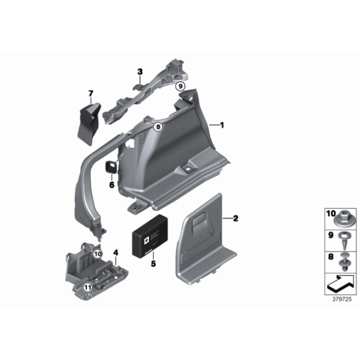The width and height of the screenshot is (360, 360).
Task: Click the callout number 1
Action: pos(222,125)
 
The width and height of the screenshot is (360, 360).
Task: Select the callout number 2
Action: pos(235,218)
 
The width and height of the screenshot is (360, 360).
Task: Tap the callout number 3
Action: pos(140,72)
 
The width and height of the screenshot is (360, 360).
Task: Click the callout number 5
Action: pos(153,263)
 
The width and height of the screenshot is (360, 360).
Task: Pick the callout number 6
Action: pos(112,184)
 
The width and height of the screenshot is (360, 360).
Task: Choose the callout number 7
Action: pos(91,94)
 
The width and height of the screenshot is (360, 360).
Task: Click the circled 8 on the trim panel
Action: pos(158,127)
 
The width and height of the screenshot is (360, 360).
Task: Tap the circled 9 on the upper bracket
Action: pos(180,86)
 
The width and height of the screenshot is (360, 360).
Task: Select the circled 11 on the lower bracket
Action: pos(88,287)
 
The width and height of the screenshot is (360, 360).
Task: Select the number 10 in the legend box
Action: pos(330,214)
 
